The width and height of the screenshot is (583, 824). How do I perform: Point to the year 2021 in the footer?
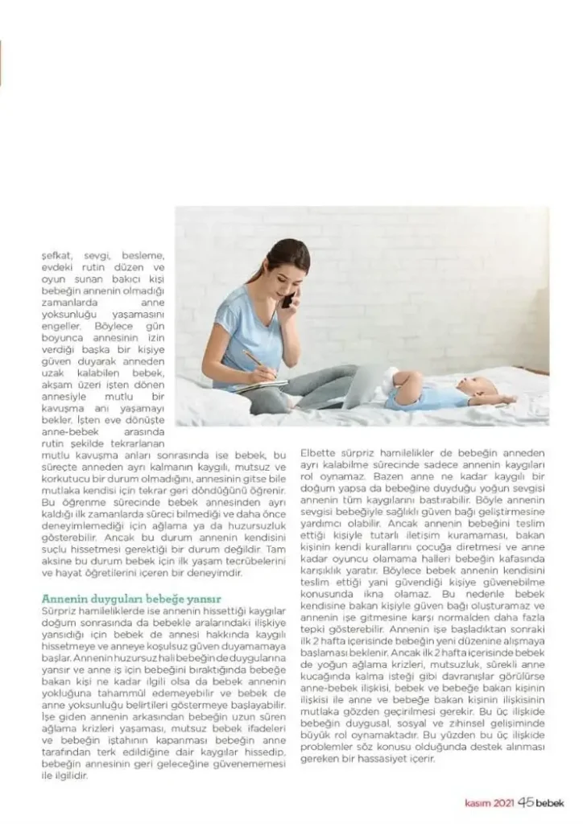pos(504,802)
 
